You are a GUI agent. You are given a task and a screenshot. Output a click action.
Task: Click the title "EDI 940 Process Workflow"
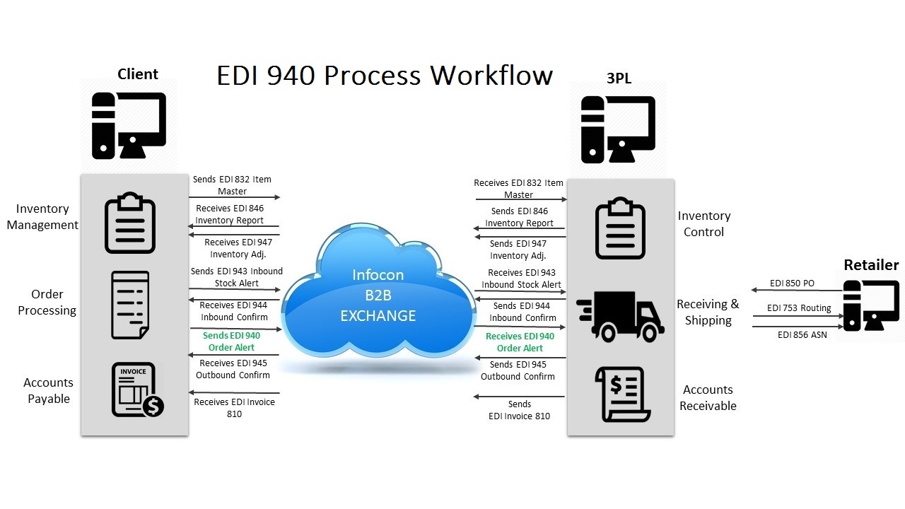point(384,75)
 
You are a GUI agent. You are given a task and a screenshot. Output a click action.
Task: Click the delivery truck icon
point(620,316)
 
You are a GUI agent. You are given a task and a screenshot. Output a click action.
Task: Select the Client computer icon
point(129,126)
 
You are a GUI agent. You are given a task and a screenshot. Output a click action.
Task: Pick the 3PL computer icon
point(618,129)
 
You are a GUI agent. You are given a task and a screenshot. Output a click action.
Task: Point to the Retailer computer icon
point(870,305)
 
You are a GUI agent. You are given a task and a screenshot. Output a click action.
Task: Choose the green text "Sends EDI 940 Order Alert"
point(231,341)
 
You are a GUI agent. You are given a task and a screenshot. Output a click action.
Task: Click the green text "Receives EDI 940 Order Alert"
point(520,342)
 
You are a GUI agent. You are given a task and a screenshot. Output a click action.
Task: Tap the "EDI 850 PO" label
point(792,283)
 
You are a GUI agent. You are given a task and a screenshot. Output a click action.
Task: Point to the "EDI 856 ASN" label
point(802,335)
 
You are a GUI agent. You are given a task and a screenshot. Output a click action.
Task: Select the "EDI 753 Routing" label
point(799,308)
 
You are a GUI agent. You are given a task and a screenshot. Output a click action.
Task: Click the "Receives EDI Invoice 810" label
point(234,408)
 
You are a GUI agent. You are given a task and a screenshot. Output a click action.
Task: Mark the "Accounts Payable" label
point(48,390)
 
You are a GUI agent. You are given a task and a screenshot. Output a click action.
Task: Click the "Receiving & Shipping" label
point(708,312)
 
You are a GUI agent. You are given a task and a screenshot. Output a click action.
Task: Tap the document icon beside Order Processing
point(131,305)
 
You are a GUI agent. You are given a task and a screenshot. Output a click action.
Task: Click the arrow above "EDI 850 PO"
point(796,290)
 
